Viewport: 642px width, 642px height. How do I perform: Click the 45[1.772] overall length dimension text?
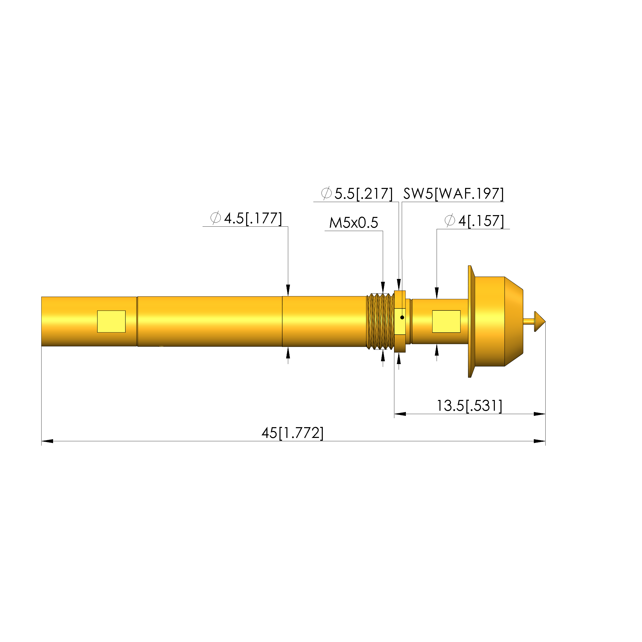pyautogui.click(x=293, y=433)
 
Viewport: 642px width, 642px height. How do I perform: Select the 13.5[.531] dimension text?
pyautogui.click(x=469, y=406)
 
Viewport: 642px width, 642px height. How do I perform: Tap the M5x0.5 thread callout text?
pyautogui.click(x=354, y=223)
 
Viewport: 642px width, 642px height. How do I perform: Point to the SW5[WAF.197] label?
pyautogui.click(x=454, y=194)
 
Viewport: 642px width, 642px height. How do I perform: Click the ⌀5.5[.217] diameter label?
pyautogui.click(x=357, y=194)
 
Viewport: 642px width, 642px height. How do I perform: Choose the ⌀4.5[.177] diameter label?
pyautogui.click(x=246, y=218)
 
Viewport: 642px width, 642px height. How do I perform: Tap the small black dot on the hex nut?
pyautogui.click(x=402, y=317)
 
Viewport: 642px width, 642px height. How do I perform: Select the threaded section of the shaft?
pyautogui.click(x=380, y=321)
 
